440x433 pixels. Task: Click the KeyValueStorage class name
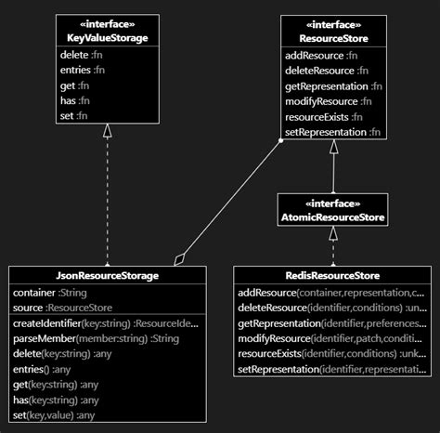[108, 37]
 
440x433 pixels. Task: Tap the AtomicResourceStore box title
[333, 217]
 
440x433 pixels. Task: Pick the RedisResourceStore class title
[333, 276]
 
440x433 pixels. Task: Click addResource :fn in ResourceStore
[320, 56]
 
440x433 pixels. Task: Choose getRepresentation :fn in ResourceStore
[332, 85]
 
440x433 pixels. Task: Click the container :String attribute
[50, 293]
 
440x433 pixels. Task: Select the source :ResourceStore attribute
[63, 307]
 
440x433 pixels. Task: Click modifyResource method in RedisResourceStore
[330, 339]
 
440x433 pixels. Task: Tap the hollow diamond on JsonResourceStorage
[180, 257]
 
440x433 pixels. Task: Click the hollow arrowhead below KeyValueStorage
[108, 131]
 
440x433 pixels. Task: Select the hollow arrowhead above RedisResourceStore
[333, 235]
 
